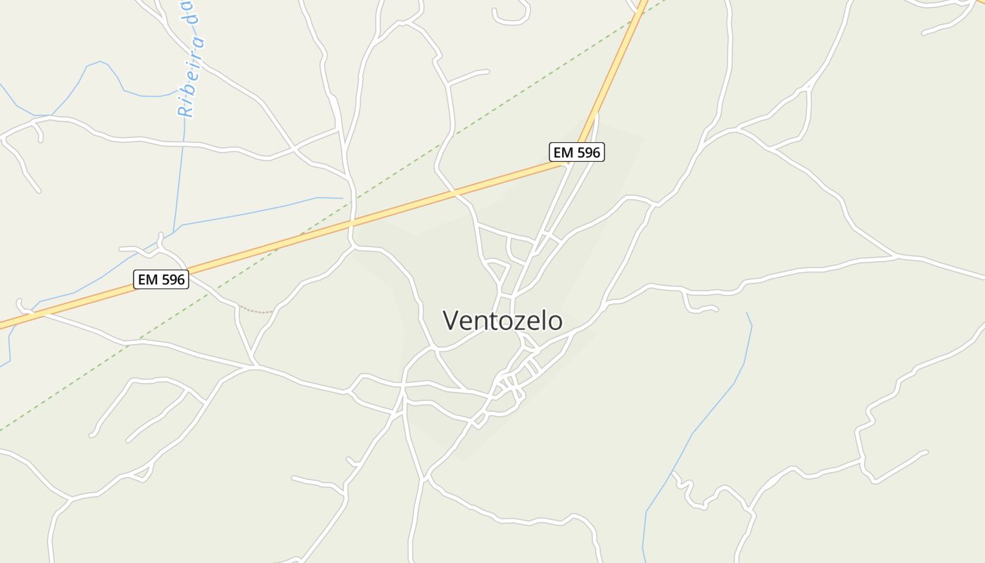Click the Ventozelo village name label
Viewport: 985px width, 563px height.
(502, 321)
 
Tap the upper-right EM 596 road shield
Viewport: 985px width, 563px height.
(576, 152)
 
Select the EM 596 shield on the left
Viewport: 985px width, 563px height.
(161, 279)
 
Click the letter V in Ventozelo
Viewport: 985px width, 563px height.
(451, 321)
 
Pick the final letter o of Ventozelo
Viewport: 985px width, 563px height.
(554, 322)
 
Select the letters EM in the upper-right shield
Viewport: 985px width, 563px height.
(563, 152)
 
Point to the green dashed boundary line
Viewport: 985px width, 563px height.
(535, 84)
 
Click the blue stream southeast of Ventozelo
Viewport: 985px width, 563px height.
(711, 408)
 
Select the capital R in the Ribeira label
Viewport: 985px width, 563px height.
(185, 109)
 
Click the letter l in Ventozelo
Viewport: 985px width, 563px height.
(542, 321)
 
